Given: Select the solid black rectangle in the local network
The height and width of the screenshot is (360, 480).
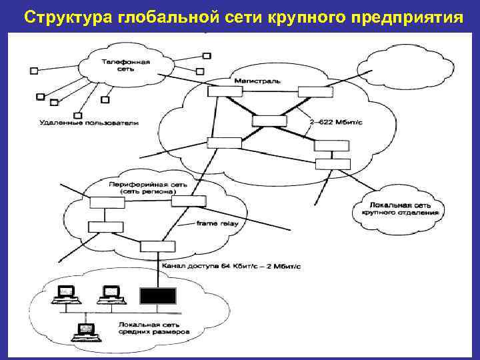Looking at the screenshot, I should [157, 295].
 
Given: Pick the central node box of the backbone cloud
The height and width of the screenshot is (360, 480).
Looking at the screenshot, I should [269, 121].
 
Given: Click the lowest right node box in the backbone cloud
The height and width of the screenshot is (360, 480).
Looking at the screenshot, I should [332, 164].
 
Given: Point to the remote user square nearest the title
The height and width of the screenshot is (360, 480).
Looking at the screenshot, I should [207, 56].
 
